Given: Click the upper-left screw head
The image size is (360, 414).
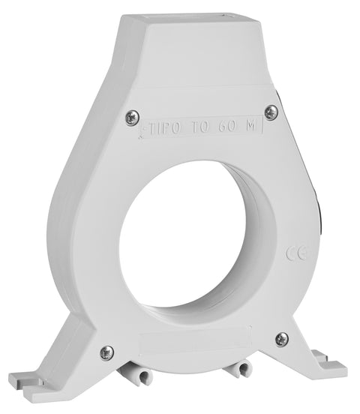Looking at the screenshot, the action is [132, 118].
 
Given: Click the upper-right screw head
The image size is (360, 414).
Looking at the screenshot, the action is [271, 112].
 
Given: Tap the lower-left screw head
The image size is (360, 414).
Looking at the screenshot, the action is [107, 352].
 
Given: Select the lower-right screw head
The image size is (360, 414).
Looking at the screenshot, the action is [282, 340].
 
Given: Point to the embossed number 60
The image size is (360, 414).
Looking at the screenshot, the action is [226, 127].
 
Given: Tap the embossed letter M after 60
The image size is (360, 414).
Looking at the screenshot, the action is [250, 126].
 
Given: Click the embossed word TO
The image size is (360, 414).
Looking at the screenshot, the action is [200, 127].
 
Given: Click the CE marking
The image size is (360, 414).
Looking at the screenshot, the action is [296, 253].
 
